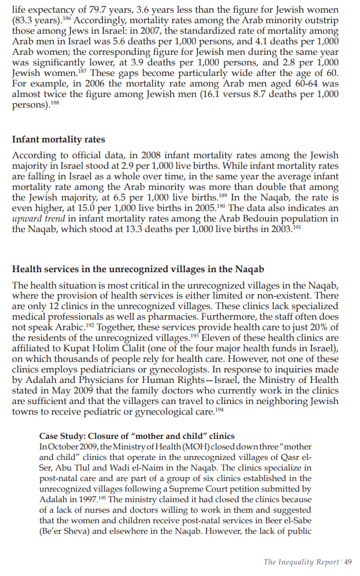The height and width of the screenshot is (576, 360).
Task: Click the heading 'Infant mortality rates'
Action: [x=58, y=140]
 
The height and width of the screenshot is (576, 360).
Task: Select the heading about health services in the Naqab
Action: [x=138, y=269]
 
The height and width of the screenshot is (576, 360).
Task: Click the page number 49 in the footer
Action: [x=348, y=562]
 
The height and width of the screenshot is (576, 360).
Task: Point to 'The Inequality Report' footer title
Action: [x=301, y=562]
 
